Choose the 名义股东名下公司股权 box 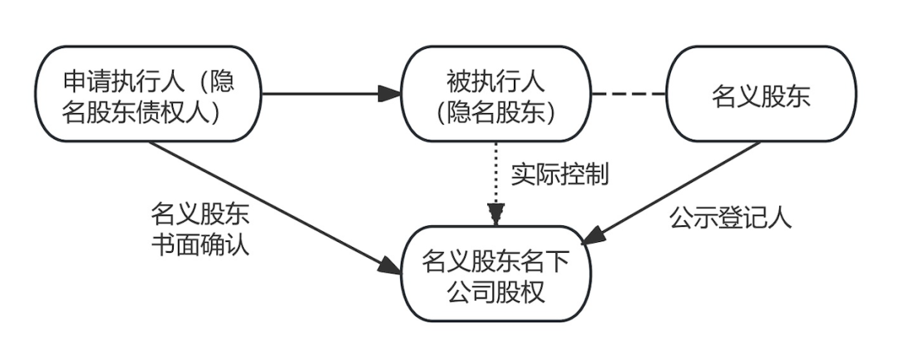click(x=496, y=274)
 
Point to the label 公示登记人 click(x=730, y=217)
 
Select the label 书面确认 click(x=199, y=246)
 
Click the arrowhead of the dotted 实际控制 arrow click(x=496, y=218)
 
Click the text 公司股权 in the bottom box click(x=496, y=291)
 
